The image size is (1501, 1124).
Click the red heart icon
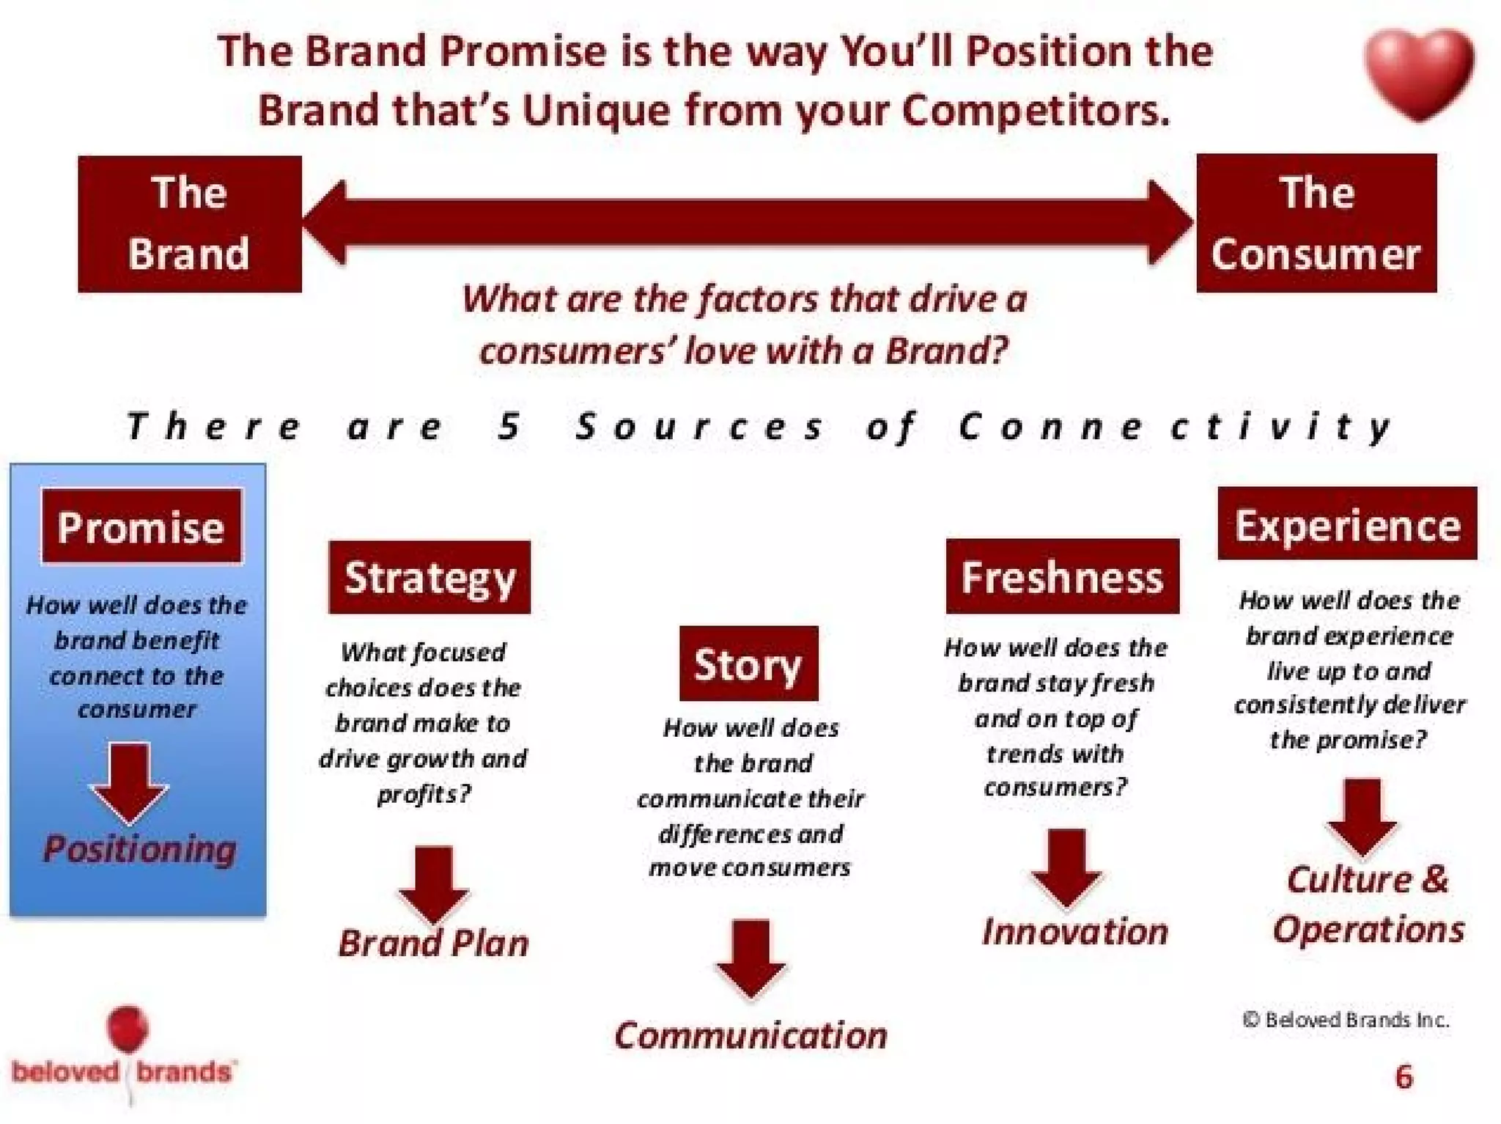(x=1418, y=72)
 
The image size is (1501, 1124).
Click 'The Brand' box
(x=190, y=224)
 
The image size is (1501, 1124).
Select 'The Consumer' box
(x=1316, y=223)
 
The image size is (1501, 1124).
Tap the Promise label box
(x=141, y=526)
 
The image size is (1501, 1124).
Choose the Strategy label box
(x=429, y=577)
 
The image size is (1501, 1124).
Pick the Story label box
(x=748, y=664)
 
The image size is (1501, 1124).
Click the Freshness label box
(x=1062, y=576)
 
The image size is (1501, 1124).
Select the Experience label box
(x=1346, y=524)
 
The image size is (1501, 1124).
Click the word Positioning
(x=139, y=849)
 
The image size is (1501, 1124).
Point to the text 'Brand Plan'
(x=433, y=943)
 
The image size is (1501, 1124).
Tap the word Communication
(x=750, y=1035)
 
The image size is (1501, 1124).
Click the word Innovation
(x=1074, y=932)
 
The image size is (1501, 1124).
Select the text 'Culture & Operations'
(x=1368, y=904)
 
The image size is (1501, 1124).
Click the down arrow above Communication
(x=750, y=957)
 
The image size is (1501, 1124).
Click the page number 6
(x=1404, y=1076)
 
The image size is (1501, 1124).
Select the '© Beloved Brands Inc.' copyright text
(x=1346, y=1020)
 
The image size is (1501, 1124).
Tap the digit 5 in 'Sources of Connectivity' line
(x=509, y=426)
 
